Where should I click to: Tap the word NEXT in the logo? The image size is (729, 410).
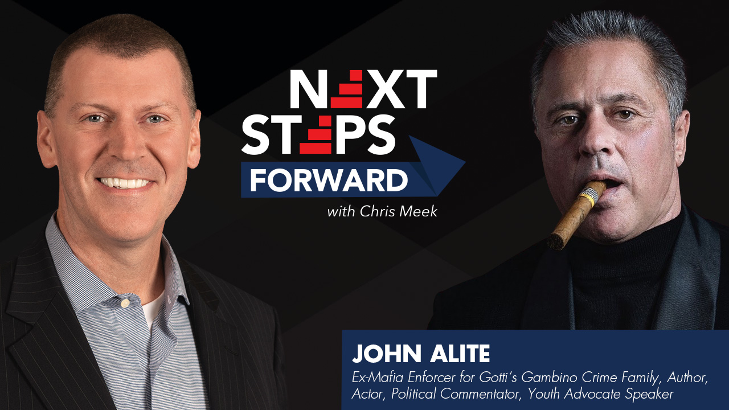(x=363, y=89)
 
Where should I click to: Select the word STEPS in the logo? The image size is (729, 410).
(x=319, y=134)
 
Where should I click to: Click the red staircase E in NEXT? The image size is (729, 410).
(x=347, y=89)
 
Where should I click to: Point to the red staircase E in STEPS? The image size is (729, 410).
(x=316, y=134)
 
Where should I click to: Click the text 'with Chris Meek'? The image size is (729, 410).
(x=382, y=212)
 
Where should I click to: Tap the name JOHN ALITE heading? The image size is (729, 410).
(x=421, y=354)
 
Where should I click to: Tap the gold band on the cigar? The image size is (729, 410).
(x=589, y=195)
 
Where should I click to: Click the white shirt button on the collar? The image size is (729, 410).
(x=125, y=304)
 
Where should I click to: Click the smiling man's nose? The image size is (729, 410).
(x=122, y=146)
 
